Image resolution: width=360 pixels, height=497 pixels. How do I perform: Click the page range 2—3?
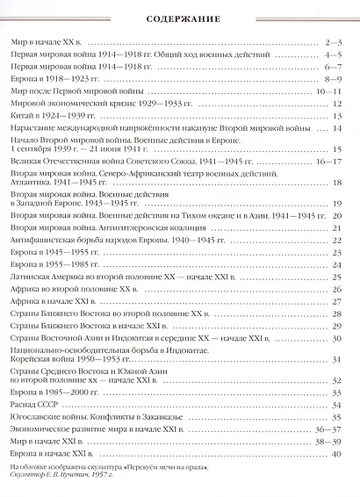332,42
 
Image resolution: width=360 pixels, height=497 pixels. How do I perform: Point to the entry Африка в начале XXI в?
54,300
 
